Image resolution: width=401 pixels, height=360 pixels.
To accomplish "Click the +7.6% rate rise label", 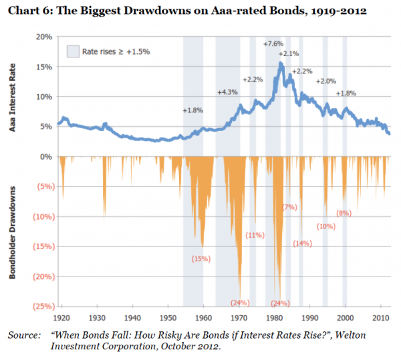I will point(274,43).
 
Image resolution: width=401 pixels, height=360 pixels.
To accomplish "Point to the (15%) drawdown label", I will point(201,258).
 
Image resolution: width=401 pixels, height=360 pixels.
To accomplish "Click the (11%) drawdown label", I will point(255,234).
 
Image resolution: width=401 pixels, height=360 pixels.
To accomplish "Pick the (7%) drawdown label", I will point(289,207).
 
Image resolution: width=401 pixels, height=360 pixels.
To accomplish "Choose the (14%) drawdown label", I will point(303,243).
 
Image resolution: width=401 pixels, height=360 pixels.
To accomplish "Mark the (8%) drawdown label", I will point(344,213).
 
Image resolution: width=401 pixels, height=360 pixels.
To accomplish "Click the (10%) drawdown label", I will point(326,226).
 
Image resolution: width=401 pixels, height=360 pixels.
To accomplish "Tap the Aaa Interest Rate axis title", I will point(14,97).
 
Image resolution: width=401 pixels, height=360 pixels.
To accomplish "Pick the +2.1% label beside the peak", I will point(289,53).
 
